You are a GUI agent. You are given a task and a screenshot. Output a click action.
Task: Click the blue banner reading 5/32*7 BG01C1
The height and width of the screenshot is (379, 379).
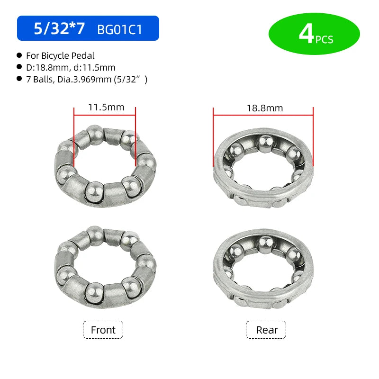pos(88,28)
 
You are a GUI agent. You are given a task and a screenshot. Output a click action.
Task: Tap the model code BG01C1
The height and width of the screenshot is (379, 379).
pos(119,30)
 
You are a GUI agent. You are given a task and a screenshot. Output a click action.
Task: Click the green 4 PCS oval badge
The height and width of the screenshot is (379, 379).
pos(314,34)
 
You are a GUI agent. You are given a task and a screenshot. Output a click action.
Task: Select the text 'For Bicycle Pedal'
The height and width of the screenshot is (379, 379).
pos(60,55)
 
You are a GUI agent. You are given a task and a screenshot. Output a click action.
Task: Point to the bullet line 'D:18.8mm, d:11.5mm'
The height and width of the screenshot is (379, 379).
pos(71,67)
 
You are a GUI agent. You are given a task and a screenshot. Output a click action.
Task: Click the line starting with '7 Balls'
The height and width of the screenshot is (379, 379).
pos(87,79)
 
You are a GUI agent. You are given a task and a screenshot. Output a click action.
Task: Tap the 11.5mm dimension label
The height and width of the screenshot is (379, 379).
pos(106,107)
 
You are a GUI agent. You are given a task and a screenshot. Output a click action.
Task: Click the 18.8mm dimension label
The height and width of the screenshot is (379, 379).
pos(265,108)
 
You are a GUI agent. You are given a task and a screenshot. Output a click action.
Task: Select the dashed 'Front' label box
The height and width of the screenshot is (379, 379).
pos(103,330)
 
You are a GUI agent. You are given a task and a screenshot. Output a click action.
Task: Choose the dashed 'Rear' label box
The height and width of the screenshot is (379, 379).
pos(266,330)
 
